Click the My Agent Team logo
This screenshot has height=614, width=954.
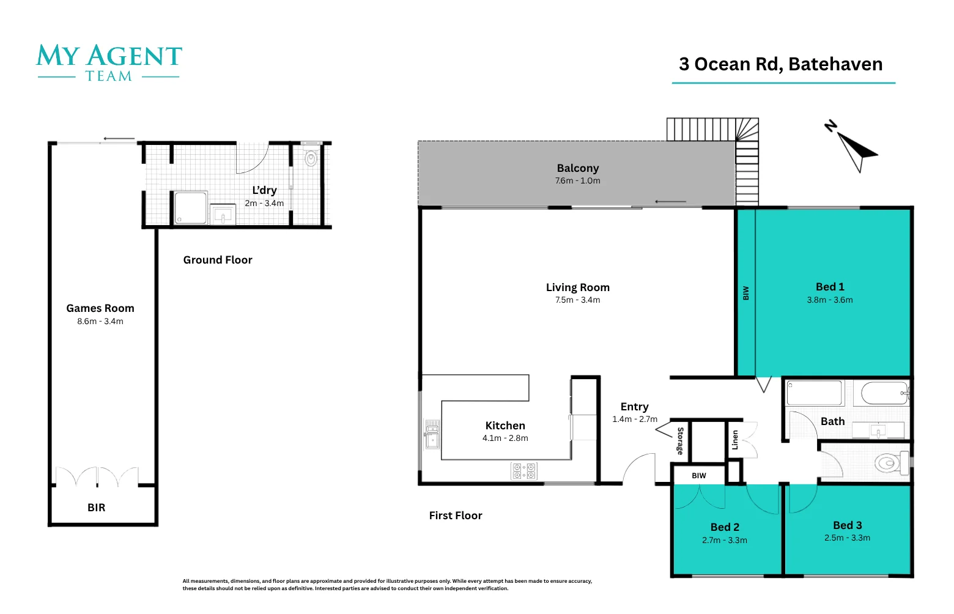pyautogui.click(x=109, y=62)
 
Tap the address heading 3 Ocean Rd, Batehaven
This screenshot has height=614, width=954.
pyautogui.click(x=780, y=64)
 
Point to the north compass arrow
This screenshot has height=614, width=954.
pyautogui.click(x=854, y=149)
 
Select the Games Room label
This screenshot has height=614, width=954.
pyautogui.click(x=100, y=308)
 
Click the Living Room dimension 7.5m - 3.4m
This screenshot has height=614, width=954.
pyautogui.click(x=577, y=300)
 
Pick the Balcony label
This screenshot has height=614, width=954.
pyautogui.click(x=577, y=168)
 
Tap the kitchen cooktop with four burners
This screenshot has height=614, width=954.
pyautogui.click(x=524, y=471)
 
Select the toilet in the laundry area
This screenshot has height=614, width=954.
pyautogui.click(x=311, y=159)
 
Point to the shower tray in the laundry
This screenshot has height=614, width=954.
pyautogui.click(x=190, y=208)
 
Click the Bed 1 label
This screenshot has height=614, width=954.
pyautogui.click(x=830, y=287)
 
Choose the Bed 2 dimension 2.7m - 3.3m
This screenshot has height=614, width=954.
pyautogui.click(x=725, y=540)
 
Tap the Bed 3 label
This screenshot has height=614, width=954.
pyautogui.click(x=847, y=525)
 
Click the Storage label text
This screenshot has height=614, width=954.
pyautogui.click(x=680, y=441)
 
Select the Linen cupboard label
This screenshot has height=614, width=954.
pyautogui.click(x=735, y=440)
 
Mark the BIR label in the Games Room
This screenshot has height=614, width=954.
pyautogui.click(x=96, y=508)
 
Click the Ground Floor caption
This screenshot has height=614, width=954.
pyautogui.click(x=218, y=260)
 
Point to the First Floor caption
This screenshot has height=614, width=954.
pyautogui.click(x=456, y=516)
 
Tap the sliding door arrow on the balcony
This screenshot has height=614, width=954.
pyautogui.click(x=670, y=201)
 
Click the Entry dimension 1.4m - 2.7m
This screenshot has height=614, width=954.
pyautogui.click(x=635, y=420)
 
